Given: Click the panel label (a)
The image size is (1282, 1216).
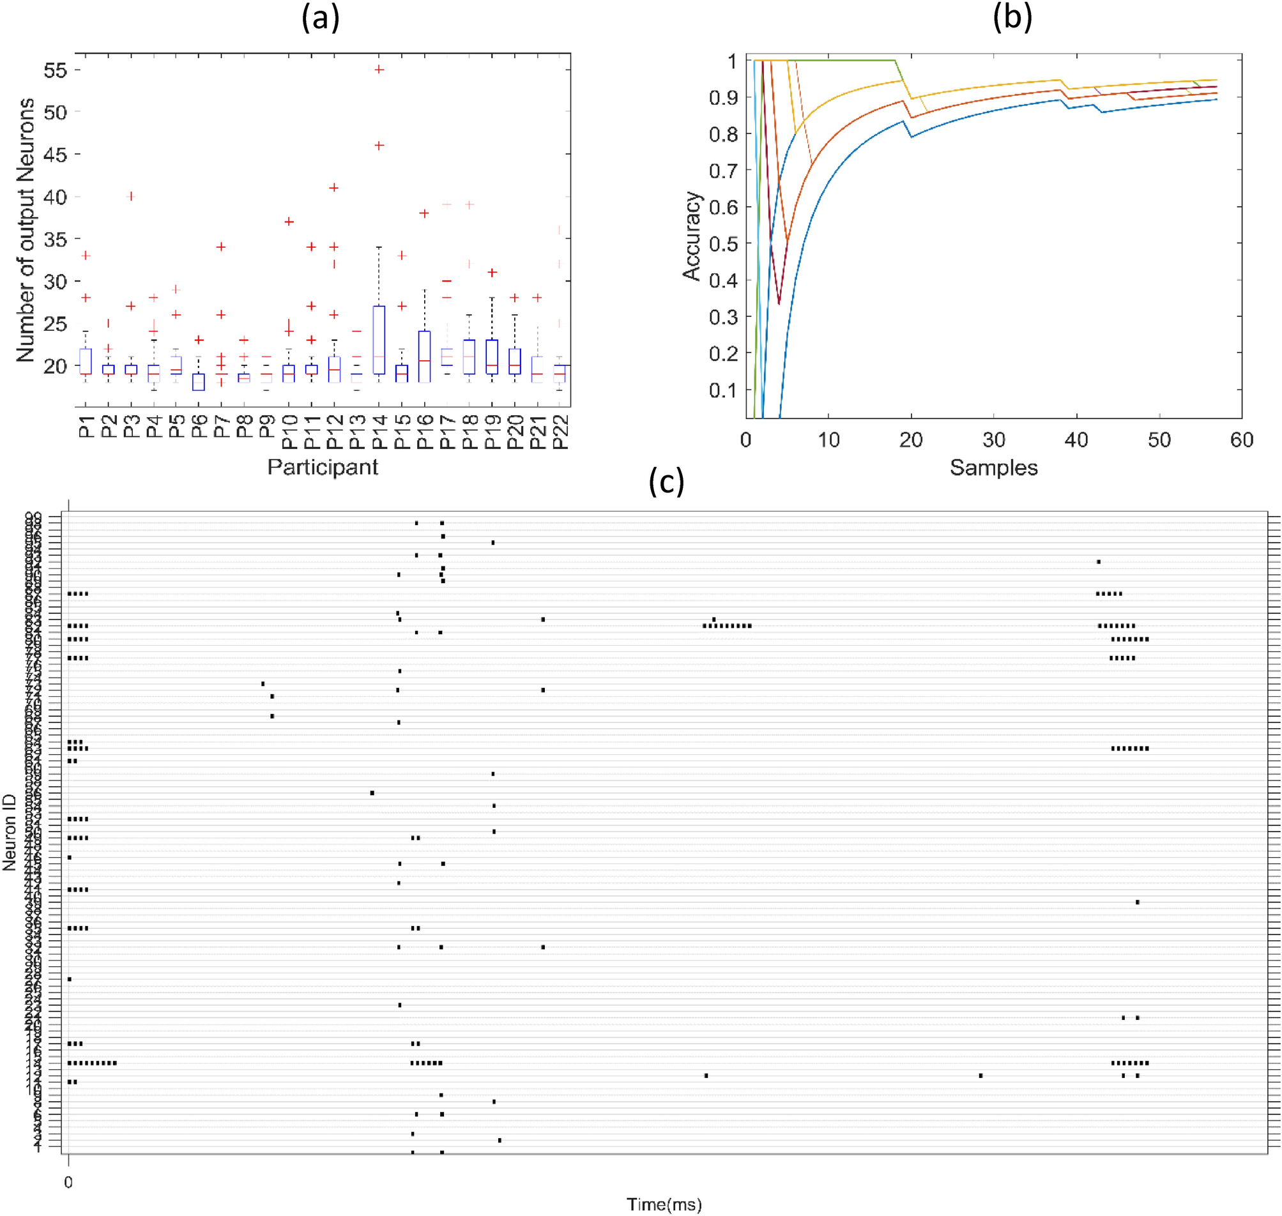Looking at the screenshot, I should coord(320,18).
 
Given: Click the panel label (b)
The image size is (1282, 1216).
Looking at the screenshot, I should coord(1012,18).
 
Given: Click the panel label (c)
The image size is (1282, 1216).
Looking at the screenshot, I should coord(666,482).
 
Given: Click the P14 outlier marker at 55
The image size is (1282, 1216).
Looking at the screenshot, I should coord(380,70).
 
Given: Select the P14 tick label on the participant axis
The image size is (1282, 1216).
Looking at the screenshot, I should coord(380,432).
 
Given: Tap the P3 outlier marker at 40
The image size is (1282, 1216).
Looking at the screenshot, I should coord(131,197).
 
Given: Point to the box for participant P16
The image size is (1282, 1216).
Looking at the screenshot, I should coord(424,356).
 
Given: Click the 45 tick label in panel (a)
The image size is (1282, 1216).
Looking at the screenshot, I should coord(55,155).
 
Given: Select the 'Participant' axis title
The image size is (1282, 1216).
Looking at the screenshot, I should coord(322,467).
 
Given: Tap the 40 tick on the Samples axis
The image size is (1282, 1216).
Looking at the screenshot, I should coord(1076,440).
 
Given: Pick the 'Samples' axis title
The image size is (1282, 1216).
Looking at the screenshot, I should coord(993,468).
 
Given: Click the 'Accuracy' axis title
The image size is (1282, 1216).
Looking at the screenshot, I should coord(692,236).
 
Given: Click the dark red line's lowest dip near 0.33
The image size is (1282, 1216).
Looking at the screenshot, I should coord(779,303).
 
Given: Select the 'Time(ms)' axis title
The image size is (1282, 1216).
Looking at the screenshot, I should coord(664,1205).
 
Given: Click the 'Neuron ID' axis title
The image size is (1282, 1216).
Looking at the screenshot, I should coord(9,832).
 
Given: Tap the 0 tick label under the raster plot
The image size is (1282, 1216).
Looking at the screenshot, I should coord(68,1182).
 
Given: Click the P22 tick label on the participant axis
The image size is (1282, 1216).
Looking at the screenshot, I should coord(560,432).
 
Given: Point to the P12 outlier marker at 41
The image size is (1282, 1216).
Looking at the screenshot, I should coord(334,188).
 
